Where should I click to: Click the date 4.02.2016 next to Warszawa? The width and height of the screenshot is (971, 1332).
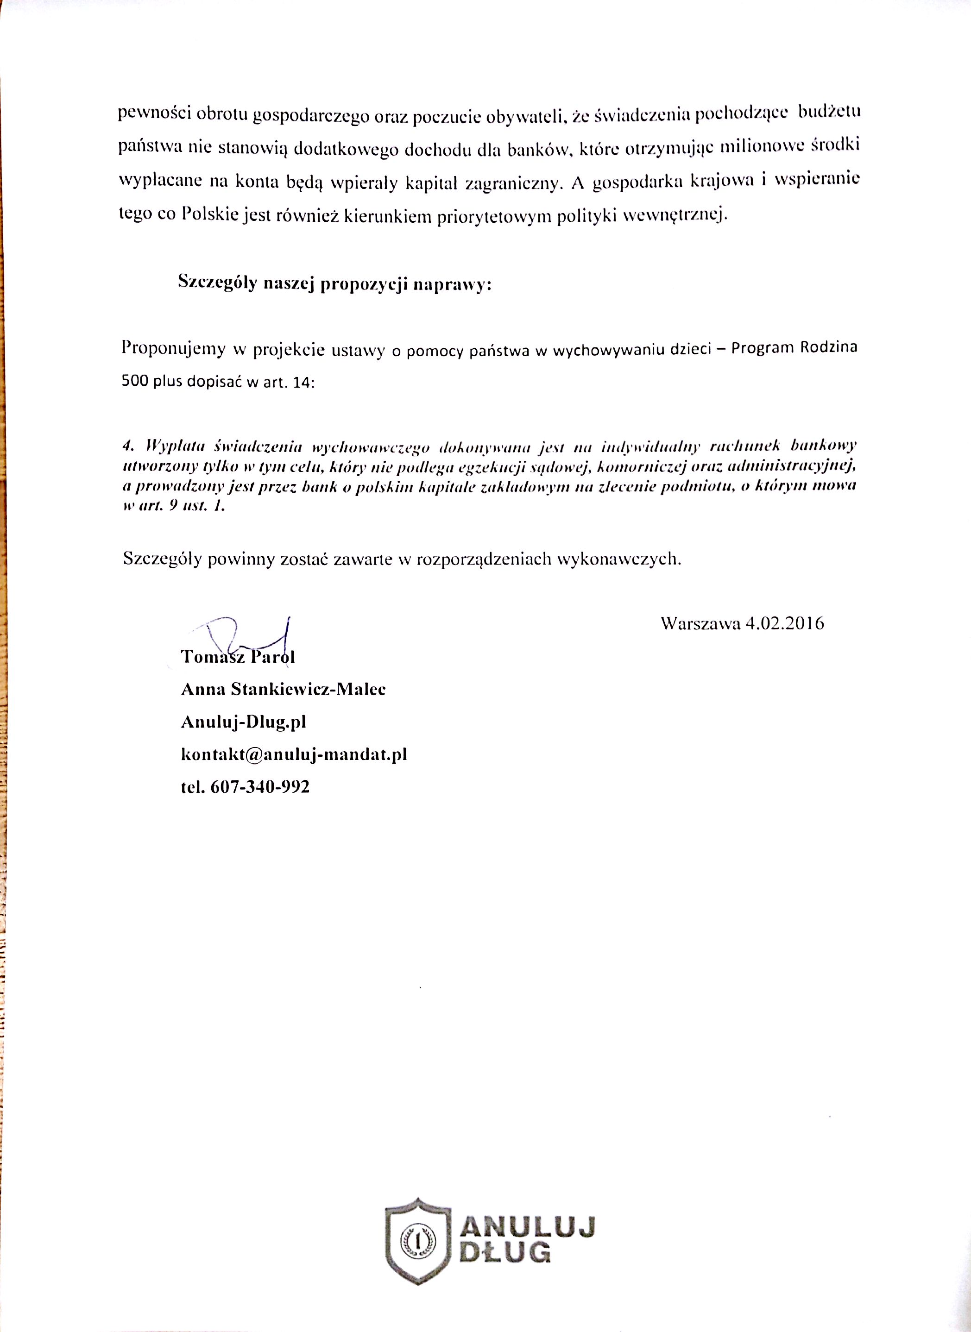pyautogui.click(x=784, y=623)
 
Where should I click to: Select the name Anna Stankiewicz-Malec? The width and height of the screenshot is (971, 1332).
pyautogui.click(x=284, y=689)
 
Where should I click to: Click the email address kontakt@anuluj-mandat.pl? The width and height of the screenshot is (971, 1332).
pyautogui.click(x=294, y=754)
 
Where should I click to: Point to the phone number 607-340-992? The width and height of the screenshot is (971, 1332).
pyautogui.click(x=260, y=787)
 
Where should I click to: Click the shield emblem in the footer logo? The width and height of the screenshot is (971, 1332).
pyautogui.click(x=418, y=1240)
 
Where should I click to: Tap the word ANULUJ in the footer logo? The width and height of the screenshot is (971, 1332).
pyautogui.click(x=527, y=1227)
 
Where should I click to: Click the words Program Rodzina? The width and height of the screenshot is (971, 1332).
pyautogui.click(x=794, y=347)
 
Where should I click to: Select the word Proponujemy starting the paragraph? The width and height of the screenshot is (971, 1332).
pyautogui.click(x=173, y=348)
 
